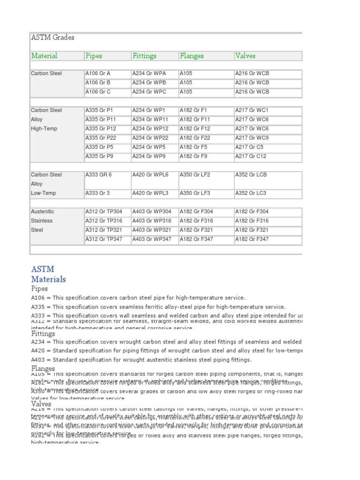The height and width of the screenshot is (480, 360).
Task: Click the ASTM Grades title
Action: click(52, 37)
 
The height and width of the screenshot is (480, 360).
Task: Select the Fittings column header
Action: click(144, 56)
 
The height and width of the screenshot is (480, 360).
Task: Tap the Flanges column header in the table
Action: click(192, 56)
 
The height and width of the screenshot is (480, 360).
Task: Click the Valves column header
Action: click(245, 56)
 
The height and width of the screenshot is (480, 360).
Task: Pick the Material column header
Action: click(44, 56)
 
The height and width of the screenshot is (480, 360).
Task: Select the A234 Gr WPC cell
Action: click(149, 92)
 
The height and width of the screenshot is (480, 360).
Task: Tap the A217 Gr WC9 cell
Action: click(252, 138)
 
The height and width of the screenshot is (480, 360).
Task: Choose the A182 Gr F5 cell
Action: click(194, 147)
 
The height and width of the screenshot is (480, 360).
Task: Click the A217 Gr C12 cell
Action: click(252, 157)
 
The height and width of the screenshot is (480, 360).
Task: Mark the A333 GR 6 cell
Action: click(98, 175)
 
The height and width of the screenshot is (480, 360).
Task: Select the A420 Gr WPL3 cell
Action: click(150, 193)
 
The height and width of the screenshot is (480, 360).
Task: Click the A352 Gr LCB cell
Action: click(251, 175)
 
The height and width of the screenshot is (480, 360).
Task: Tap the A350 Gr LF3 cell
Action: click(195, 193)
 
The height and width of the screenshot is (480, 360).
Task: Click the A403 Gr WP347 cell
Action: click(152, 239)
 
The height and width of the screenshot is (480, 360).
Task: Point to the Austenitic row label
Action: click(43, 212)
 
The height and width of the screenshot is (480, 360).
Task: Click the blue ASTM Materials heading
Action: click(48, 274)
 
